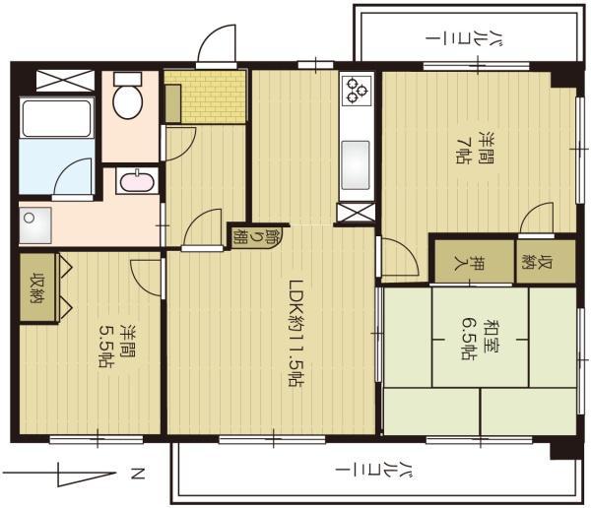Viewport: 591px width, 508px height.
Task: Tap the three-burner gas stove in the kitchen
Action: pyautogui.click(x=357, y=91)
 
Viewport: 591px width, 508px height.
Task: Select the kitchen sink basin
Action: pyautogui.click(x=355, y=165)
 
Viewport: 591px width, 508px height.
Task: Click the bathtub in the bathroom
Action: pyautogui.click(x=56, y=118)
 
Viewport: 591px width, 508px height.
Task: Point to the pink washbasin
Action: pyautogui.click(x=137, y=181)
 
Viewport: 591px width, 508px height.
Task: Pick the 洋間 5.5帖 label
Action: pyautogui.click(x=117, y=346)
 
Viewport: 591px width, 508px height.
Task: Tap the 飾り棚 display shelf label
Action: pyautogui.click(x=256, y=235)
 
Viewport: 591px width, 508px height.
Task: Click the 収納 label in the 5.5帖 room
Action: pyautogui.click(x=37, y=287)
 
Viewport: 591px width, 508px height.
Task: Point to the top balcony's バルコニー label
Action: pyautogui.click(x=465, y=38)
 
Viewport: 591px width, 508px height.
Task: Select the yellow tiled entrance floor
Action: pyautogui.click(x=206, y=96)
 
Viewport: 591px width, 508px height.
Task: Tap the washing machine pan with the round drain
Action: pyautogui.click(x=35, y=225)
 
